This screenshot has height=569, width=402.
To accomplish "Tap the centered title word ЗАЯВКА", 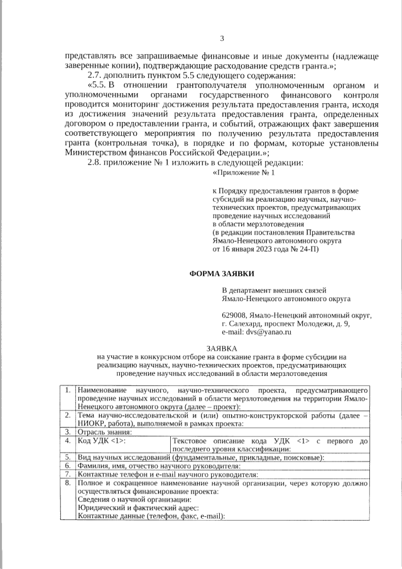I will click(222, 348).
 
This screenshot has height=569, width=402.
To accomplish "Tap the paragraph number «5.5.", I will click(99, 85).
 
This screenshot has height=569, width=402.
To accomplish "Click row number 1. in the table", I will click(68, 391).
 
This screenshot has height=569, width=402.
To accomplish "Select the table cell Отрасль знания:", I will click(104, 432).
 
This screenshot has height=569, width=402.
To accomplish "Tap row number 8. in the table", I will click(68, 483).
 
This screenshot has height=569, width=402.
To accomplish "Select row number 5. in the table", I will click(68, 457).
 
